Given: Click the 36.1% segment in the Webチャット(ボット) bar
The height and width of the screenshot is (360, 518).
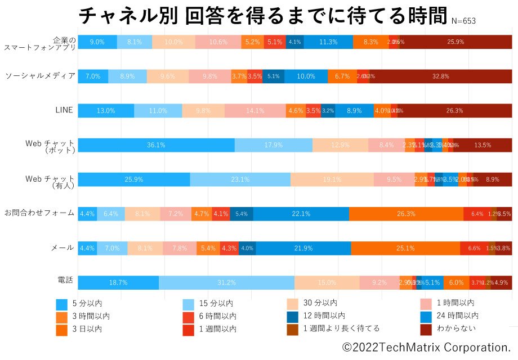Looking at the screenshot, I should point(156,145).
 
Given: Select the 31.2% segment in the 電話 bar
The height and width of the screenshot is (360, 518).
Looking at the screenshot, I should point(226,283).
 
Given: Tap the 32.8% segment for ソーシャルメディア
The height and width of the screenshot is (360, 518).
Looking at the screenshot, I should point(440,76).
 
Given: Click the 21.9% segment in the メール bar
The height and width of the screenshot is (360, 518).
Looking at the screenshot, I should point(303,248).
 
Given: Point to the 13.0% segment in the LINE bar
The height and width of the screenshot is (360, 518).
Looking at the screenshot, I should point(106,111).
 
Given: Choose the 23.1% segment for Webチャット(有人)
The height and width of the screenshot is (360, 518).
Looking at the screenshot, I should point(240,179).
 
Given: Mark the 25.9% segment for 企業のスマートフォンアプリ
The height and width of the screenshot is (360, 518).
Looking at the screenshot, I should point(456,42).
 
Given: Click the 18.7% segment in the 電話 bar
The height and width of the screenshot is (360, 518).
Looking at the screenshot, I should point(118,283).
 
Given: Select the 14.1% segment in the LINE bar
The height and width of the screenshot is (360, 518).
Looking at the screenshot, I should point(255,111).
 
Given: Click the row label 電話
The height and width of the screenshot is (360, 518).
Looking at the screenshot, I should point(65,280).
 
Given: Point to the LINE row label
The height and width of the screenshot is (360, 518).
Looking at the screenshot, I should point(64,110).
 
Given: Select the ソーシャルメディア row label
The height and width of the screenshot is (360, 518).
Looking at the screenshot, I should point(40,75).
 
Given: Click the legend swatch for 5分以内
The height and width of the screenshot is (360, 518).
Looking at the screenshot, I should point(62,304).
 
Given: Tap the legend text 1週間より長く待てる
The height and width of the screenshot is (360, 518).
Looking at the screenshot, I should point(341,328).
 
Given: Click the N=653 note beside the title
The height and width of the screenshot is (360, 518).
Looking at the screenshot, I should point(463,21).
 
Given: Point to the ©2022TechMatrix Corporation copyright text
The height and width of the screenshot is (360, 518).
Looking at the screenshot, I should point(426,347).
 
